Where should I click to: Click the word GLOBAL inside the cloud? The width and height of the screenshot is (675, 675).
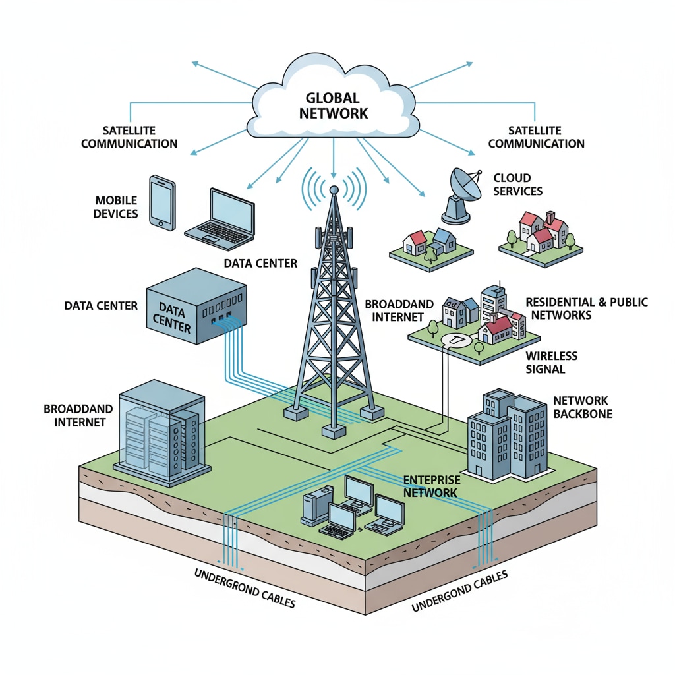pyautogui.click(x=333, y=98)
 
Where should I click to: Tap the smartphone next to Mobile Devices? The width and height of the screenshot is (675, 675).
pyautogui.click(x=161, y=202)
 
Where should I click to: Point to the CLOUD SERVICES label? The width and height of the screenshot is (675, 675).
pyautogui.click(x=517, y=185)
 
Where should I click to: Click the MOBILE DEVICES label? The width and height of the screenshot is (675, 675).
pyautogui.click(x=116, y=207)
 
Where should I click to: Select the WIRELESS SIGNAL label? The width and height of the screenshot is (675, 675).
pyautogui.click(x=551, y=363)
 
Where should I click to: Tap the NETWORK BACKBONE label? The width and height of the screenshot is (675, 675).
pyautogui.click(x=582, y=407)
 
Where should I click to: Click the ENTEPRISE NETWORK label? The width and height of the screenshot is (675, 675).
pyautogui.click(x=430, y=486)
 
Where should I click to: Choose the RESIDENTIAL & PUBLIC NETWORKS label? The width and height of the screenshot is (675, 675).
pyautogui.click(x=586, y=308)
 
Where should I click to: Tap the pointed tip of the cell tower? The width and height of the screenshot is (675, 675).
pyautogui.click(x=334, y=190)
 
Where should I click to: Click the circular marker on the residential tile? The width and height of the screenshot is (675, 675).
pyautogui.click(x=455, y=339)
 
